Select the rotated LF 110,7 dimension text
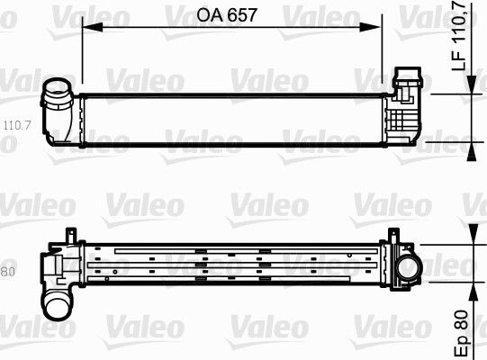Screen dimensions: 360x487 click(459, 37)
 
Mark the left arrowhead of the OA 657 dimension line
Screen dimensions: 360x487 click(87, 26)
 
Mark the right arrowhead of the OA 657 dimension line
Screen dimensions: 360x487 click(381, 26)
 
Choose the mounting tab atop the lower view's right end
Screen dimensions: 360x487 click(391, 236)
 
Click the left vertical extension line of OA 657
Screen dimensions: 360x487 click(82, 54)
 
